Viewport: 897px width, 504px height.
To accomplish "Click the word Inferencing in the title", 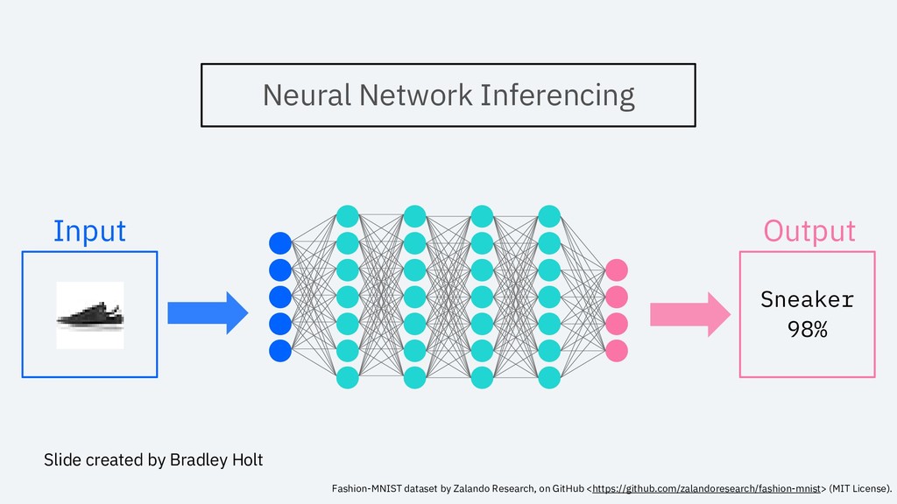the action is pyautogui.click(x=557, y=95).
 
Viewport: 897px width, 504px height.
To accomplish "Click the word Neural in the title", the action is pyautogui.click(x=307, y=94).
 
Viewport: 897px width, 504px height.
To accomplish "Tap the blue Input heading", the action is pyautogui.click(x=90, y=231).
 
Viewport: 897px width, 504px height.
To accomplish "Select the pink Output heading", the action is pyautogui.click(x=809, y=231).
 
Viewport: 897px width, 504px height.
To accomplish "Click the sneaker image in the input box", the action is pyautogui.click(x=90, y=315).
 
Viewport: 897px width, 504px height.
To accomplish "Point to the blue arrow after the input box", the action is pyautogui.click(x=208, y=313).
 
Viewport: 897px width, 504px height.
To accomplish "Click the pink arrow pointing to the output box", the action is pyautogui.click(x=690, y=314).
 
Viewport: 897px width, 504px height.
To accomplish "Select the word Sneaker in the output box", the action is pyautogui.click(x=807, y=299).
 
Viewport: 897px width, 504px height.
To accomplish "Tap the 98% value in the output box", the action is pyautogui.click(x=807, y=329).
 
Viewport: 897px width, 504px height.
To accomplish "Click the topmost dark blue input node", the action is pyautogui.click(x=280, y=243).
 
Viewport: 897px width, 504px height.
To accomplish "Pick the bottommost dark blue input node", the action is pyautogui.click(x=280, y=351).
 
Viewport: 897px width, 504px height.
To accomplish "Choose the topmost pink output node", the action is pyautogui.click(x=616, y=270).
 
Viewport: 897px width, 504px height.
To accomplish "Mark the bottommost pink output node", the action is pyautogui.click(x=616, y=351).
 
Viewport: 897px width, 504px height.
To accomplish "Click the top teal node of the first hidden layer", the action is pyautogui.click(x=347, y=217).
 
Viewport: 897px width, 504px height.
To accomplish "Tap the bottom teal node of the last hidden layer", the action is pyautogui.click(x=549, y=378).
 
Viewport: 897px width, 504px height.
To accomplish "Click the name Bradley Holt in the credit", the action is pyautogui.click(x=216, y=460).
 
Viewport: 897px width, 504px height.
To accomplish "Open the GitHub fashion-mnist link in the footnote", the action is pyautogui.click(x=707, y=488).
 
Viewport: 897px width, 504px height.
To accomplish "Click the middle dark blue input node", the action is pyautogui.click(x=280, y=297).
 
